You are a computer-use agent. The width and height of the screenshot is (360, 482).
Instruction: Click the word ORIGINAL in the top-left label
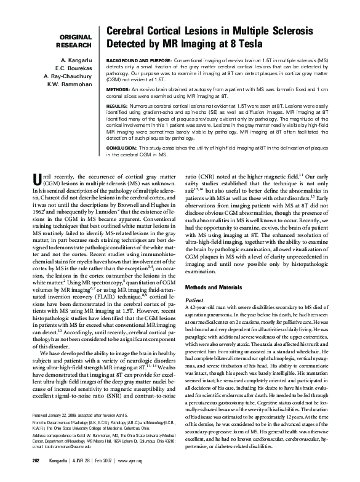pos(75,36)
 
